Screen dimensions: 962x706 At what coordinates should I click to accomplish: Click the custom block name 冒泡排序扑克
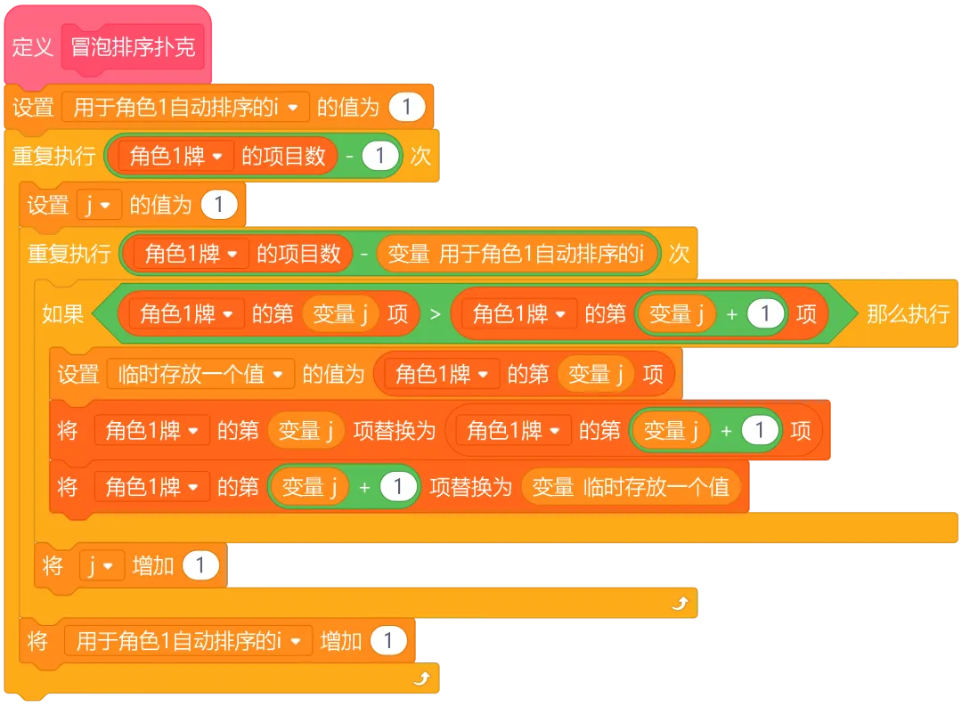[133, 47]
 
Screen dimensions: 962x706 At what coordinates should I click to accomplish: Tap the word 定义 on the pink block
[33, 47]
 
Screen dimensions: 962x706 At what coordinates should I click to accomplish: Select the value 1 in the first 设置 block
[407, 108]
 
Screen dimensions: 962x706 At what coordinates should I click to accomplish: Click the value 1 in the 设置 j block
[219, 206]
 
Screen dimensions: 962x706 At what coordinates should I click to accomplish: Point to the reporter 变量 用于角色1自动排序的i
[518, 255]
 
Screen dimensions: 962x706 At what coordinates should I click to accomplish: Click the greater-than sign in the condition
[436, 313]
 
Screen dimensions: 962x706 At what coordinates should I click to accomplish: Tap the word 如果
[62, 313]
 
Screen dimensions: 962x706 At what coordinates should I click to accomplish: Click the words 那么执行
[908, 313]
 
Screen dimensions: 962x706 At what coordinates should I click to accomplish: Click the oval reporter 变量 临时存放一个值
[631, 487]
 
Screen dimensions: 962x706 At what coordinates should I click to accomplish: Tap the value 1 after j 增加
[200, 565]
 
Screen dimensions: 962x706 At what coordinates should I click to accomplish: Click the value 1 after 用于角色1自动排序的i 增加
[388, 641]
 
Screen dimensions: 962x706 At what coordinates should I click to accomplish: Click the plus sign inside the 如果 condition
[731, 313]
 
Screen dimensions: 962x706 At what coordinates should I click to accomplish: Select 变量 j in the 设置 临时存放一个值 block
[596, 374]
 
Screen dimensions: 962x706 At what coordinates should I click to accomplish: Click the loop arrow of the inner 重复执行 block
[681, 605]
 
